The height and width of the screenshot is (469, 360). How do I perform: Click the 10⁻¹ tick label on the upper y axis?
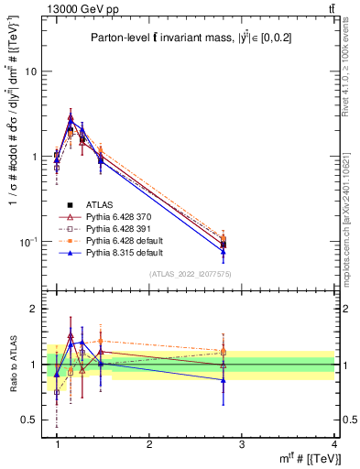click(31, 242)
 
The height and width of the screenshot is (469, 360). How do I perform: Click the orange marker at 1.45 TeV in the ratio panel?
click(101, 341)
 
